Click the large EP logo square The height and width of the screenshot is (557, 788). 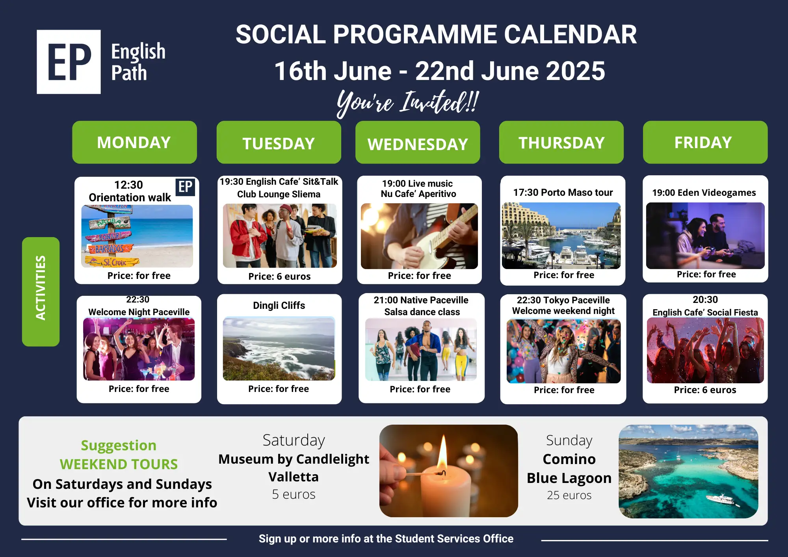(x=69, y=62)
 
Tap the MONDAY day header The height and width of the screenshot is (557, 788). (x=134, y=142)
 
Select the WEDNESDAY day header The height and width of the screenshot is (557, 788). (x=418, y=143)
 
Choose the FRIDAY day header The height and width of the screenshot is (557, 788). (x=705, y=142)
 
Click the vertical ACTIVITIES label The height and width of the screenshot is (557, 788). (x=41, y=291)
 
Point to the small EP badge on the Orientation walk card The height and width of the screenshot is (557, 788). (x=185, y=186)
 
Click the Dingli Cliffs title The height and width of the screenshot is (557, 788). (x=279, y=305)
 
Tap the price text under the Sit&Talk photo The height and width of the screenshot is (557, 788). (x=279, y=277)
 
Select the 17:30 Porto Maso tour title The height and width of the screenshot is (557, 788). (x=563, y=192)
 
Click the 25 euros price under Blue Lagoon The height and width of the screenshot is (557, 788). (x=569, y=495)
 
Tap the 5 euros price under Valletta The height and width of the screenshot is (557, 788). (x=294, y=494)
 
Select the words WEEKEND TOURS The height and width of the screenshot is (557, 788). (x=119, y=464)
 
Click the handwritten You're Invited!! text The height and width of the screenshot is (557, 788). (x=407, y=102)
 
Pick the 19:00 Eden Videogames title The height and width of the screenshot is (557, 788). (x=704, y=193)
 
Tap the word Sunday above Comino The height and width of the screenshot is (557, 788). (x=569, y=440)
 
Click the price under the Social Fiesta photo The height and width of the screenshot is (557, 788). (x=705, y=390)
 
